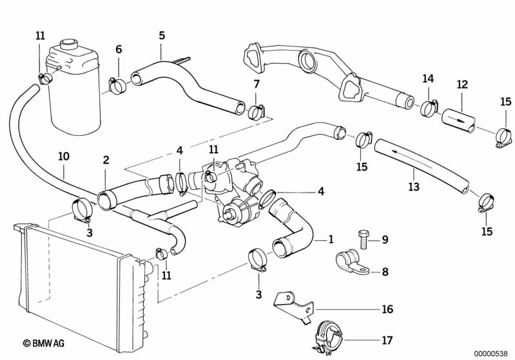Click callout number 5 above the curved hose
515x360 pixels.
162,36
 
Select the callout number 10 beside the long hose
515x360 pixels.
63,156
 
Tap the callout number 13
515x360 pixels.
414,187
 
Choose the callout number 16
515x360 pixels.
387,310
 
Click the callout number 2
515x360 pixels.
106,160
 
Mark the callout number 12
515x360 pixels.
462,84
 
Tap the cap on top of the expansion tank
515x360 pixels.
68,46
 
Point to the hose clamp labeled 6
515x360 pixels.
118,85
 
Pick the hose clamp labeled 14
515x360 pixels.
428,108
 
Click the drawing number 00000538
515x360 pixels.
492,353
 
